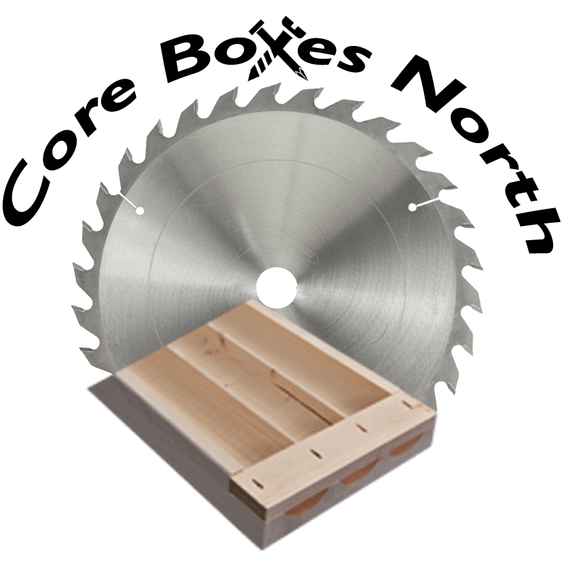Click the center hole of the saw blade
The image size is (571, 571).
pos(277,287)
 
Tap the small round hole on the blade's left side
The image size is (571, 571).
pos(139,210)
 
